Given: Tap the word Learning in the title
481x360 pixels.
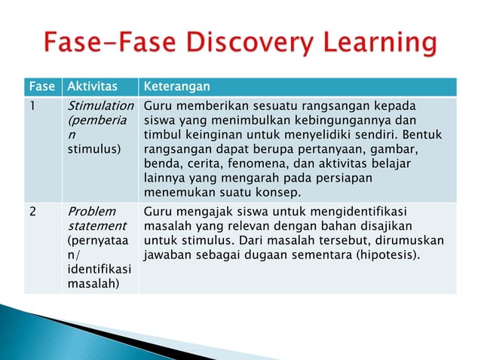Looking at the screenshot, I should point(374,44).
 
